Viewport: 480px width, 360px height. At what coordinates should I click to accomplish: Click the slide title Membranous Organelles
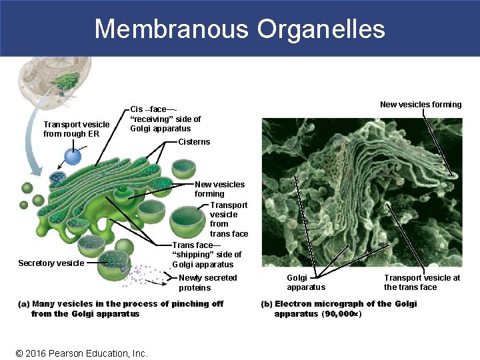(x=239, y=29)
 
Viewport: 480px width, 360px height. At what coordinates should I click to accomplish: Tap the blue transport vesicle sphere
(x=73, y=157)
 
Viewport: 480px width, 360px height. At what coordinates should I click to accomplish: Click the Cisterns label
(x=194, y=141)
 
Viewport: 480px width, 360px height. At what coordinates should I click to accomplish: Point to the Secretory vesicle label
(x=51, y=263)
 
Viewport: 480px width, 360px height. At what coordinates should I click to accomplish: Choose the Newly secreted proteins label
(x=207, y=283)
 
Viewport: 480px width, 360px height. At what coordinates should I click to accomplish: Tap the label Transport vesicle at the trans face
(x=421, y=282)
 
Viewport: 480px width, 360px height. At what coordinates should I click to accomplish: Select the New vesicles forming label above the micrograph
(x=421, y=104)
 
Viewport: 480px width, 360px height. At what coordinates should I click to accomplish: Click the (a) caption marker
(x=23, y=304)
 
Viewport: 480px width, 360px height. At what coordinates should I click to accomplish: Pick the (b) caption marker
(x=266, y=304)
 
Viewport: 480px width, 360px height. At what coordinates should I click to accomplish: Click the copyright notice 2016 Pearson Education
(x=81, y=353)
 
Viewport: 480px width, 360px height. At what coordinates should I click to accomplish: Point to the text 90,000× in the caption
(x=341, y=313)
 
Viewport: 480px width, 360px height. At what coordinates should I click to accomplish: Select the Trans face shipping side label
(x=207, y=255)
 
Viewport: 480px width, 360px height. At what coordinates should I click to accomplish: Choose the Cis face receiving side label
(x=165, y=119)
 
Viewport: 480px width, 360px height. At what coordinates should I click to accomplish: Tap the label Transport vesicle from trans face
(x=229, y=219)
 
